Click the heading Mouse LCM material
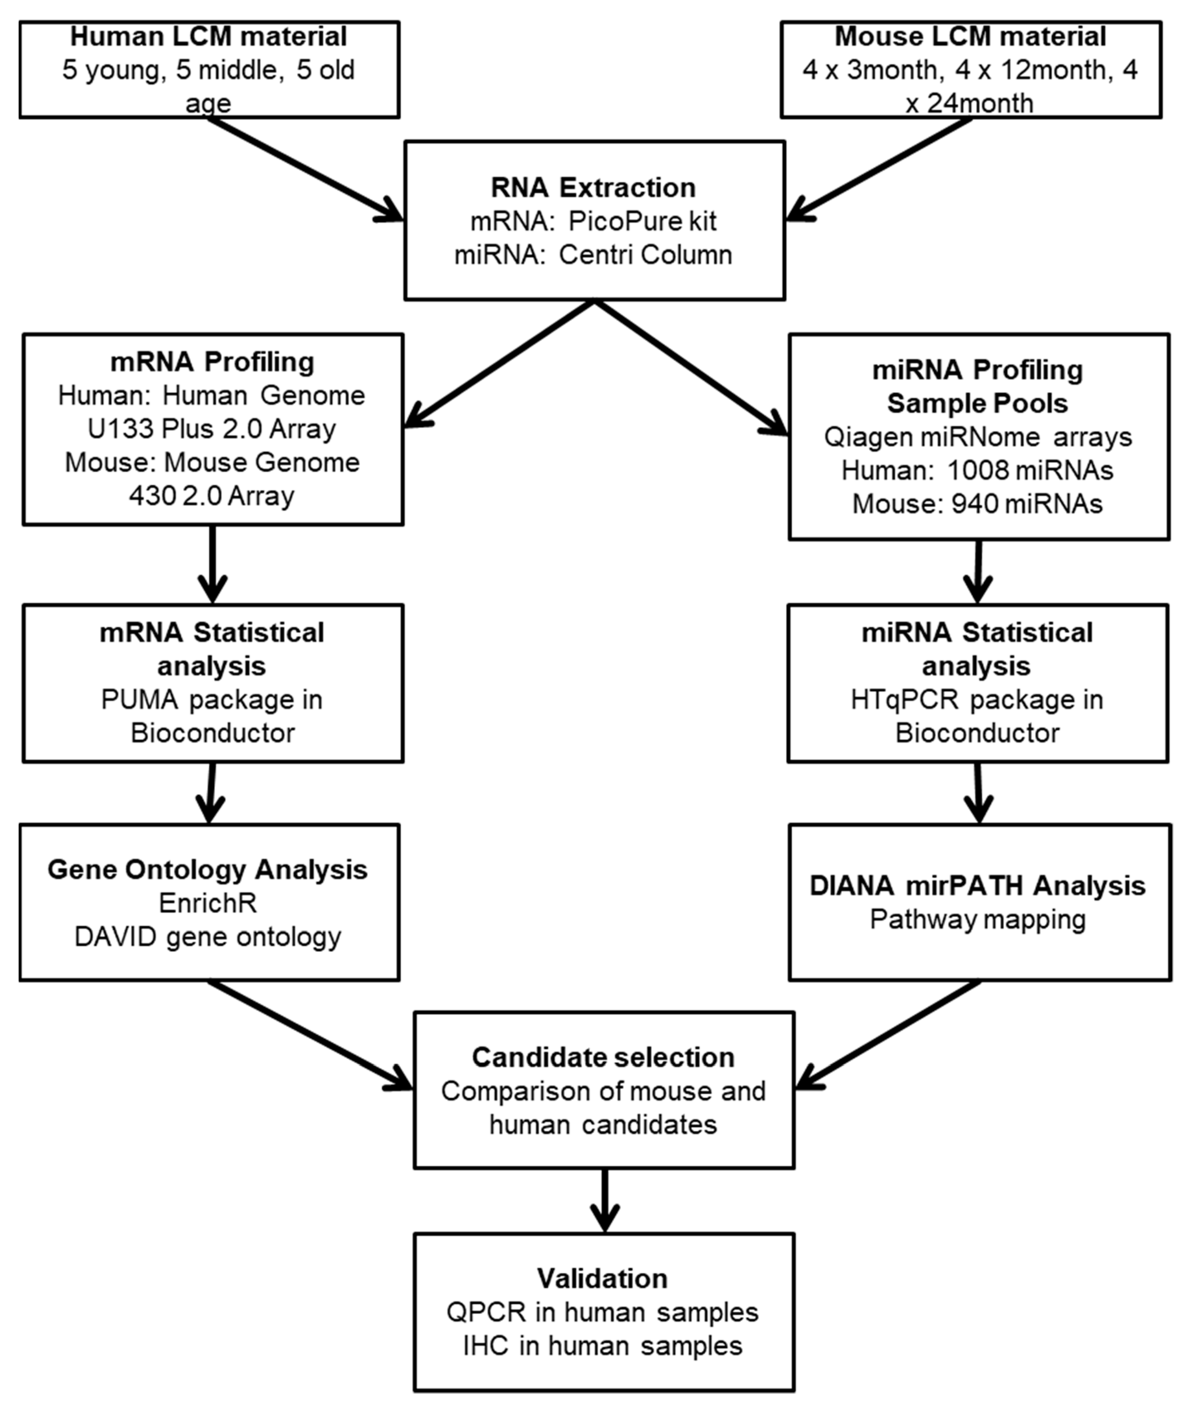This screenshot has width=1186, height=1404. pos(970,37)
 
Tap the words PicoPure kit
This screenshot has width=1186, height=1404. pos(642,221)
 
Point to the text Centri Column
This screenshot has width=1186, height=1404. pos(646,255)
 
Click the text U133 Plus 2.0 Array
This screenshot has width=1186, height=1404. pos(212,429)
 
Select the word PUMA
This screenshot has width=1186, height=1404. pos(140,700)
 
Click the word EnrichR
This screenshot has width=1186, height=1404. pos(208,903)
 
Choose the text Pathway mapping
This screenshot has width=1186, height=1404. pos(978,919)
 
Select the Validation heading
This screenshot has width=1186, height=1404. pos(603,1278)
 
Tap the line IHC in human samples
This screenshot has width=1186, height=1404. pos(603,1345)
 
